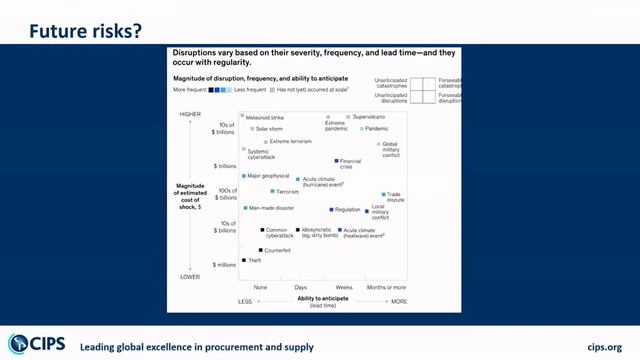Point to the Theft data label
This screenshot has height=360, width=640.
254,260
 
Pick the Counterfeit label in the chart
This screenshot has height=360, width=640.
277,249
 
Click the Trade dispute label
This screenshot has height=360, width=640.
395,197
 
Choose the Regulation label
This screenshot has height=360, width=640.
347,209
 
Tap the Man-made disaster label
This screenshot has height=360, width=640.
271,208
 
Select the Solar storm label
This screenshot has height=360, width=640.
269,129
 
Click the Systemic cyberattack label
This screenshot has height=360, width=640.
262,154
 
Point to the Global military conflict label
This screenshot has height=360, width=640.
391,149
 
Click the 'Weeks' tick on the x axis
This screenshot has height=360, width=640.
343,287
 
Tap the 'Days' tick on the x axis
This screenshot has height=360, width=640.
300,287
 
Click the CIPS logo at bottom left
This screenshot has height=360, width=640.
38,343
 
